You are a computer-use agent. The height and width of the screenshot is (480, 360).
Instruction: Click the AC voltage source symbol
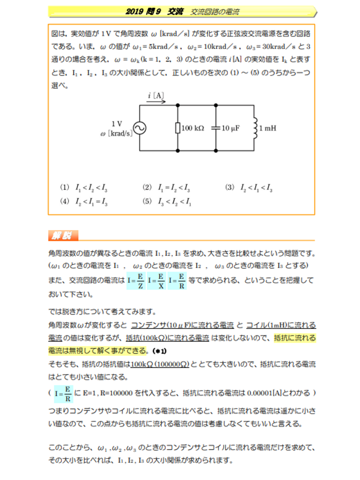[139, 128]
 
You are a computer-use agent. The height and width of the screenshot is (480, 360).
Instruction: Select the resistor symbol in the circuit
[177, 128]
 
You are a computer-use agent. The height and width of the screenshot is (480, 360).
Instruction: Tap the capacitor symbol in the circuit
[215, 128]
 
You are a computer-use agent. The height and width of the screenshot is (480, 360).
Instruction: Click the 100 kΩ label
[193, 128]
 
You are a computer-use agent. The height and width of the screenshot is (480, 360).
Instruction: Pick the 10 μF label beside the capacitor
[230, 128]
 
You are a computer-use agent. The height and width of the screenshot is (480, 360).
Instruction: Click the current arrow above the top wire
[156, 100]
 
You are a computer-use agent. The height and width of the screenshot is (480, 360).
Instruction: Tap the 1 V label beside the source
[117, 123]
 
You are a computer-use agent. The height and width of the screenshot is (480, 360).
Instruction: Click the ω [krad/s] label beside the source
[116, 133]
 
